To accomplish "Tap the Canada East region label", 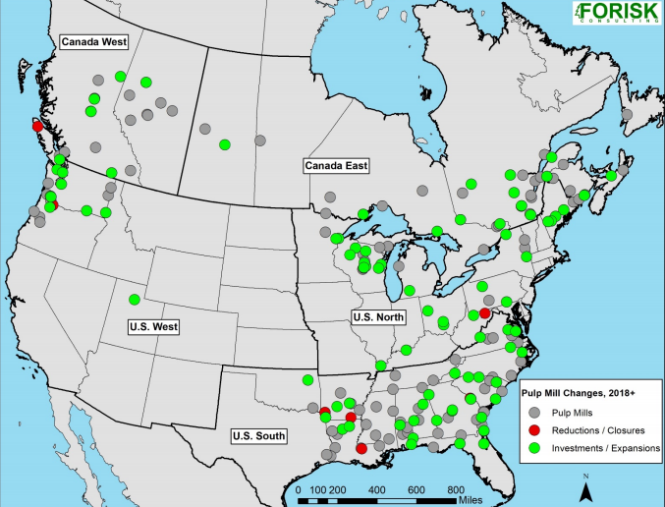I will [336, 165].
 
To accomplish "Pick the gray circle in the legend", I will [535, 411].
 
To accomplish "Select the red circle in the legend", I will [535, 429].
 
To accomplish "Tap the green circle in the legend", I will [535, 448].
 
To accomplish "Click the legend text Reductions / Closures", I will [599, 429].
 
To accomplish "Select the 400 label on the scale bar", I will [375, 488].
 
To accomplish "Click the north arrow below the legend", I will [584, 486].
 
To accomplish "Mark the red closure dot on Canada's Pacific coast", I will [37, 126].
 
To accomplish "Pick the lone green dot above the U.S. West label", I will [135, 299].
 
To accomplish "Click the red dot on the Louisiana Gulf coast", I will [361, 448].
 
